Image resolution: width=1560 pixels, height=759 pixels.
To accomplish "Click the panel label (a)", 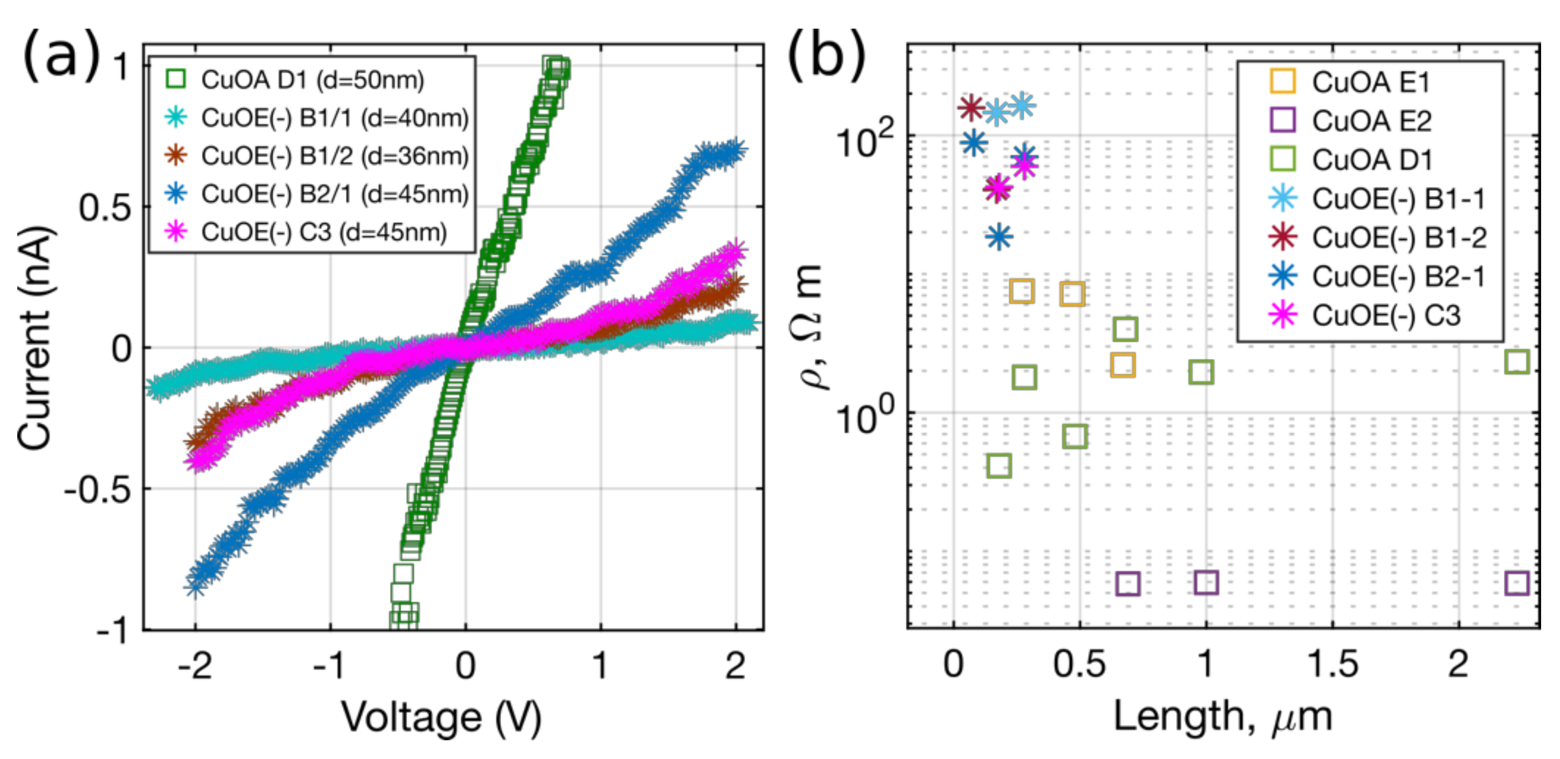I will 60,56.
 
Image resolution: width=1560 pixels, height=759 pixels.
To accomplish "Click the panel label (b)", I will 826,56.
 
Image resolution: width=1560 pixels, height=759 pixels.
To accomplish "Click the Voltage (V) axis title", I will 441,718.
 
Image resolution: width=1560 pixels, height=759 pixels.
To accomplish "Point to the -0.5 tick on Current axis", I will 97,489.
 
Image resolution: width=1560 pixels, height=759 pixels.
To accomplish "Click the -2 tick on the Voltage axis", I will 195,666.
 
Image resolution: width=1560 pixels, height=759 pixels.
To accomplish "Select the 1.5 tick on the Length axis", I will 1332,665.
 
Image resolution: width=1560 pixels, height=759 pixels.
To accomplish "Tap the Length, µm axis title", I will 1223,718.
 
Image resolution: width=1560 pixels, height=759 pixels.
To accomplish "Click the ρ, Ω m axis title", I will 809,327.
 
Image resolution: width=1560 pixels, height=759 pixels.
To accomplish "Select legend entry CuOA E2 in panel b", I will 1371,120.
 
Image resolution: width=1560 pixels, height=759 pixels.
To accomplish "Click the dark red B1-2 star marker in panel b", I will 971,107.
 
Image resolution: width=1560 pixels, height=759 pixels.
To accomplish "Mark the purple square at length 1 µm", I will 1206,582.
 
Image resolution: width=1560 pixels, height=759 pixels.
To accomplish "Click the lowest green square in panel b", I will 998,466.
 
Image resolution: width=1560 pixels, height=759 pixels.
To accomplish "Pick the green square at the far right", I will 1516,362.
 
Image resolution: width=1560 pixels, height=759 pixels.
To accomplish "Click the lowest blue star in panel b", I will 998,237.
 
